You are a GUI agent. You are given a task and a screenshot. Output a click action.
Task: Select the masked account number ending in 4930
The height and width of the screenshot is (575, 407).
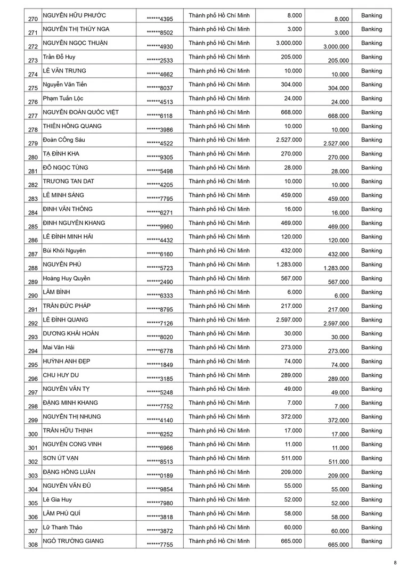pyautogui.click(x=160, y=47)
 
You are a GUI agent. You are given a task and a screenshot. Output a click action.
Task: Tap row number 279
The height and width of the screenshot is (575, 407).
pyautogui.click(x=33, y=143)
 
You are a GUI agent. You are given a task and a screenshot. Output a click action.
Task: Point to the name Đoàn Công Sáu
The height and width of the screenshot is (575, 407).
pyautogui.click(x=64, y=140)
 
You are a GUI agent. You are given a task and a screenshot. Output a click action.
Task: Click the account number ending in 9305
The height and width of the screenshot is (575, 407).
pyautogui.click(x=160, y=158)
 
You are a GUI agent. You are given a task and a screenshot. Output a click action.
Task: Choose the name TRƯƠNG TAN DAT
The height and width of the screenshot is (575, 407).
pyautogui.click(x=69, y=182)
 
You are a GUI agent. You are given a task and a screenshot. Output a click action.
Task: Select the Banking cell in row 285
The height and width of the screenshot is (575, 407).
pyautogui.click(x=371, y=223)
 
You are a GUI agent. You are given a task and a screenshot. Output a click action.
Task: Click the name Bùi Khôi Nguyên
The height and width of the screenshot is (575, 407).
pyautogui.click(x=64, y=251)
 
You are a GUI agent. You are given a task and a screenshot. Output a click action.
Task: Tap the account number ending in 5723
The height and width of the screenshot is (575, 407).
pyautogui.click(x=160, y=268)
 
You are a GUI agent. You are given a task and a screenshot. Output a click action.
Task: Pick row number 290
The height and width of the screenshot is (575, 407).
pyautogui.click(x=33, y=295)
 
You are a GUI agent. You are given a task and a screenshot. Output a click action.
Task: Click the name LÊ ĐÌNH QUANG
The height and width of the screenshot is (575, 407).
pyautogui.click(x=66, y=320)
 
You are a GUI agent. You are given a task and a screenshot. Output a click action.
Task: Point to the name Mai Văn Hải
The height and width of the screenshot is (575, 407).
pyautogui.click(x=59, y=348)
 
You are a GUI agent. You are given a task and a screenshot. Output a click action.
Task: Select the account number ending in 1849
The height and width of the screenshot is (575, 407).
pyautogui.click(x=160, y=365)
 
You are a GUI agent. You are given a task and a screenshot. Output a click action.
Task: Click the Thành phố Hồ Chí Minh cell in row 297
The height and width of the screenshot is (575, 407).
pyautogui.click(x=219, y=389)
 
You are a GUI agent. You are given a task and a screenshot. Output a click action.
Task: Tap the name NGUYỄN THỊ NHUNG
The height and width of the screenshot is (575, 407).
pyautogui.click(x=72, y=417)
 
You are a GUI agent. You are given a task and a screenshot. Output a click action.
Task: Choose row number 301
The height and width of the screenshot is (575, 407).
pyautogui.click(x=33, y=448)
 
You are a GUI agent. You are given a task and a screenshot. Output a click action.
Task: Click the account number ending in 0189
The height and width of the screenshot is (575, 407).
pyautogui.click(x=160, y=476)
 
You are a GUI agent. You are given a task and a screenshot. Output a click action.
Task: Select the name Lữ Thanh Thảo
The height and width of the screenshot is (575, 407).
pyautogui.click(x=63, y=528)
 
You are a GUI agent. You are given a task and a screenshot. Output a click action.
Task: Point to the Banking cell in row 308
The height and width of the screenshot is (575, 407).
pyautogui.click(x=371, y=541)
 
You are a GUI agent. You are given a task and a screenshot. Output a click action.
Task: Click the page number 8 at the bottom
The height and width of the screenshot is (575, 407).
pyautogui.click(x=395, y=563)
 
